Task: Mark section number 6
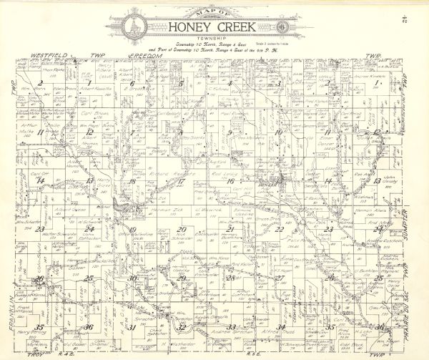tap(133, 84)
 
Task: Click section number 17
tap(182, 181)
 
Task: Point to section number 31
tap(132, 326)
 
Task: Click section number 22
tap(280, 229)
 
